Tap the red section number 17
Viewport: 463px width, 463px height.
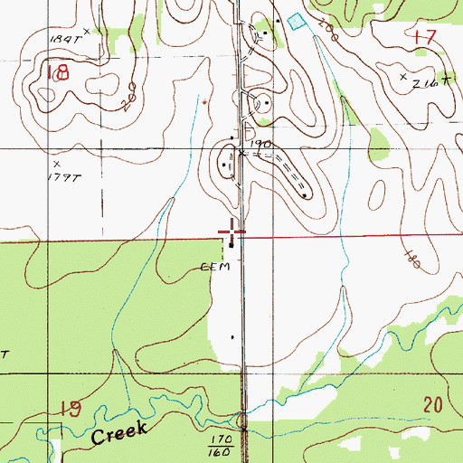pos(423,38)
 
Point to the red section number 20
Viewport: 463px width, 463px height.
pos(432,403)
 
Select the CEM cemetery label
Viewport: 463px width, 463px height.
pos(222,268)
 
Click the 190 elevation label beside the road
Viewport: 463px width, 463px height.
pos(260,144)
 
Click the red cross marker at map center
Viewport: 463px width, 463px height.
pos(232,228)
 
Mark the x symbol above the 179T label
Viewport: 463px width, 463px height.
pos(56,163)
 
